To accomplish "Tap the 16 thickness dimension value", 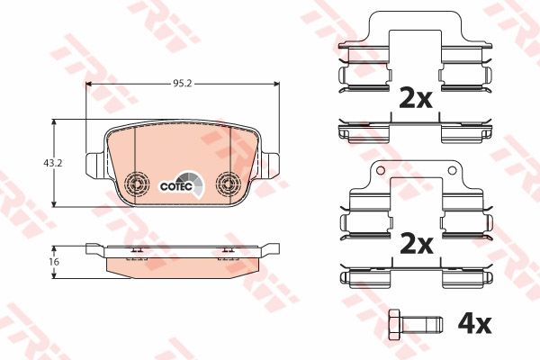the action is [54, 262].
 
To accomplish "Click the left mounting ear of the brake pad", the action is [94, 165].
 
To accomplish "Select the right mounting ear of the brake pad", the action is [270, 165].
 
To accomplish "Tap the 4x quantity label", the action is [474, 324].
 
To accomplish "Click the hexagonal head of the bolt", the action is [395, 324].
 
